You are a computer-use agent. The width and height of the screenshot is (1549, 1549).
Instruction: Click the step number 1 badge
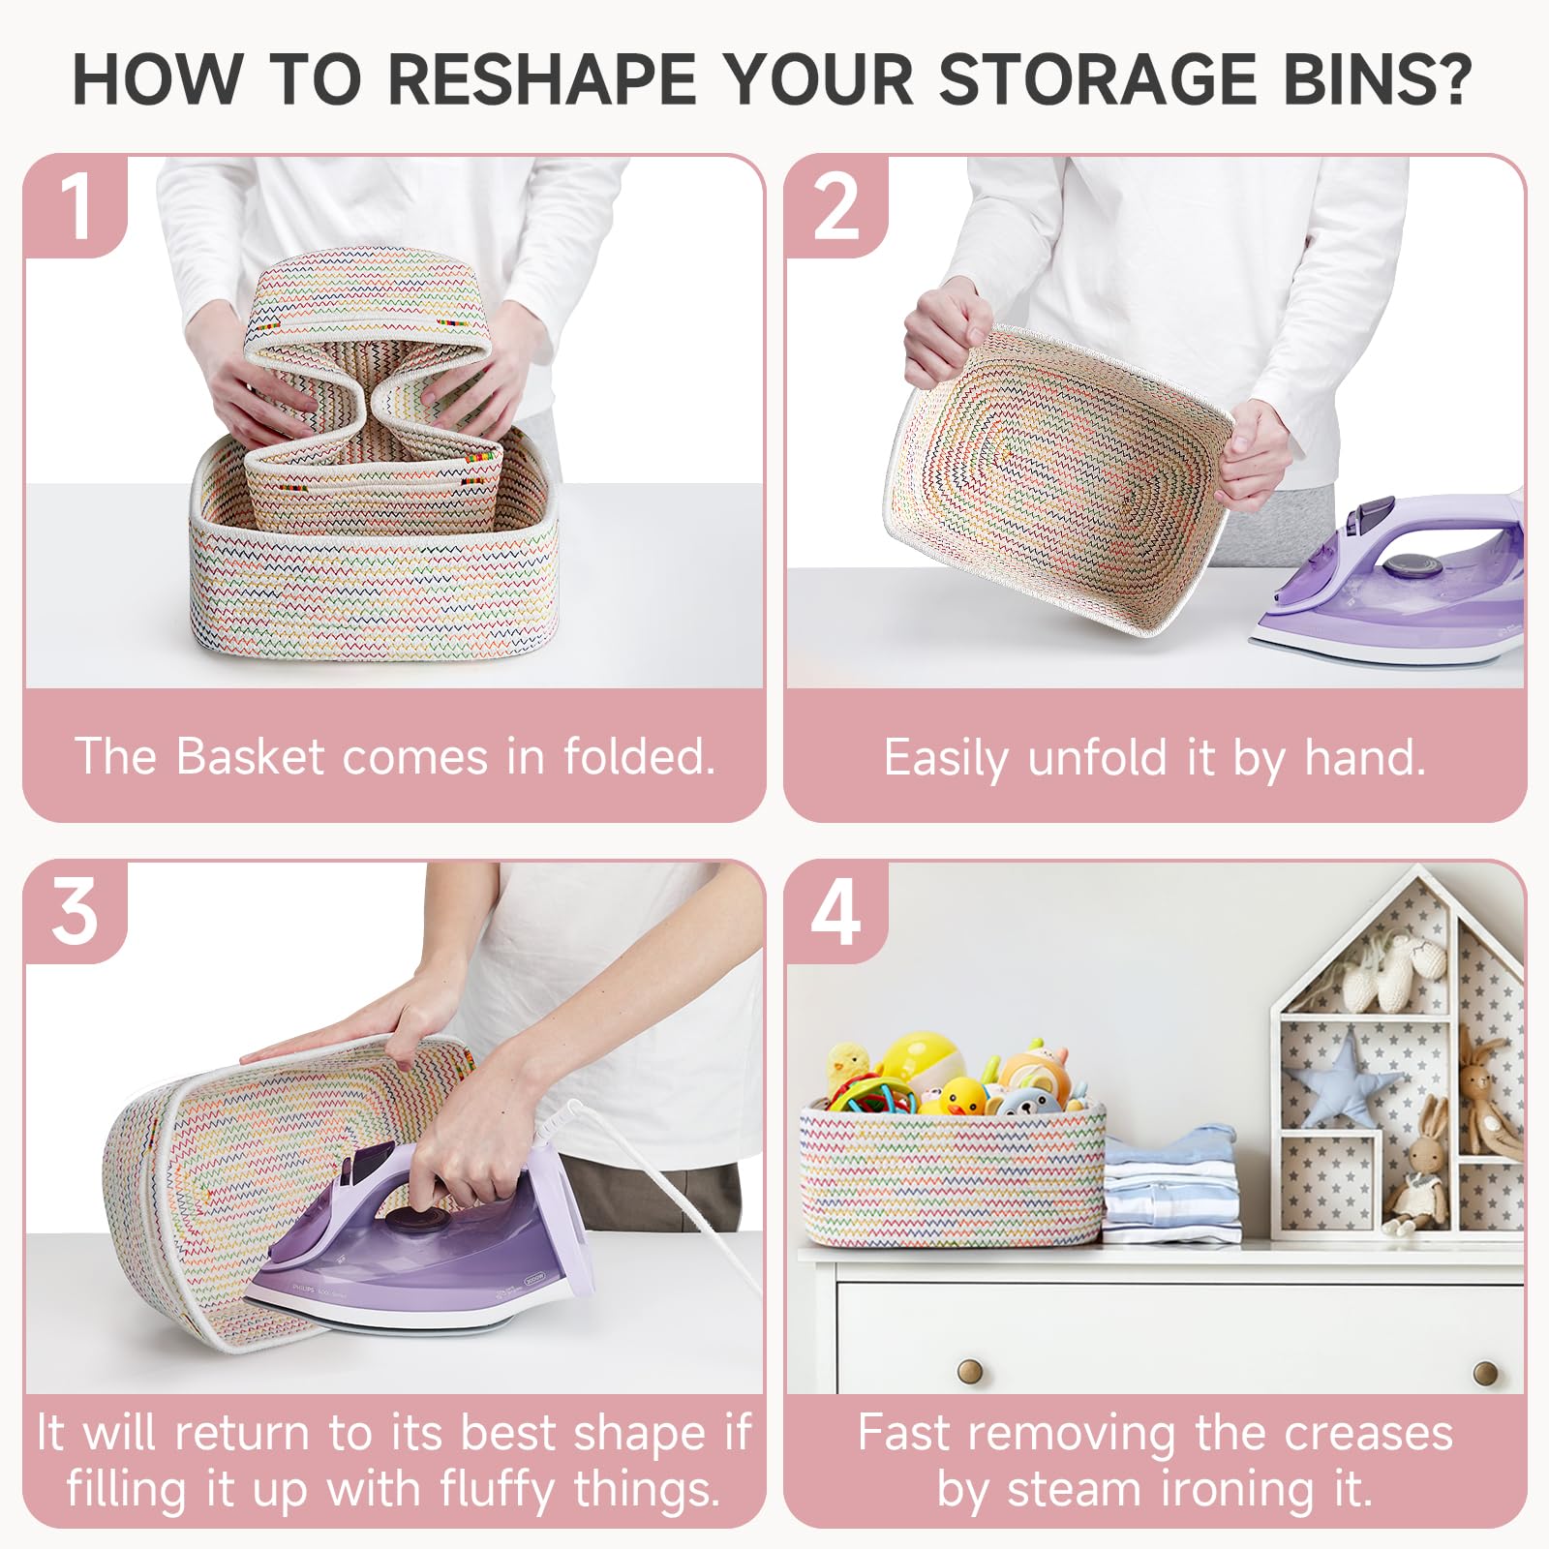(x=76, y=206)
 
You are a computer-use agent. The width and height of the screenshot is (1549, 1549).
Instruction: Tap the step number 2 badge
(x=836, y=206)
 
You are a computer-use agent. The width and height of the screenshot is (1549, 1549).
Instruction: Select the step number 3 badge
(x=76, y=912)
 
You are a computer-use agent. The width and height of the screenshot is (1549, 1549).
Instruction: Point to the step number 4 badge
(x=836, y=912)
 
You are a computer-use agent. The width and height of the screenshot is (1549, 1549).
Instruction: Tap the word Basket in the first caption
(x=250, y=756)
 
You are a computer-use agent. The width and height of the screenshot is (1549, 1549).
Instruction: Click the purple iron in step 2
(x=1388, y=581)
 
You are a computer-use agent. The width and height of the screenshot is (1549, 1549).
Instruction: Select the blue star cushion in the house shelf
(x=1342, y=1077)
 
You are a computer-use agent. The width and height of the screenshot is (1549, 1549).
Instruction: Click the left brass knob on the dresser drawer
(x=970, y=1370)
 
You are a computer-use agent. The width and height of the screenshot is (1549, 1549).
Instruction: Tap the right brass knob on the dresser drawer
(x=1486, y=1372)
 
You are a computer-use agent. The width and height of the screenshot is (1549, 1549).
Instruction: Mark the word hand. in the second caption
(x=1365, y=757)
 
